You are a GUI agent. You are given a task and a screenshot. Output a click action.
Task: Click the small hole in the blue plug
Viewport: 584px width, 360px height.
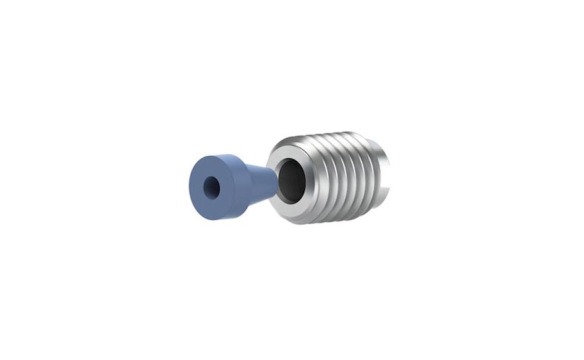click(211, 187)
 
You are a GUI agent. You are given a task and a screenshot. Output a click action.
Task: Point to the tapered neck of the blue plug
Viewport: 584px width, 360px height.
click(259, 183)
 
